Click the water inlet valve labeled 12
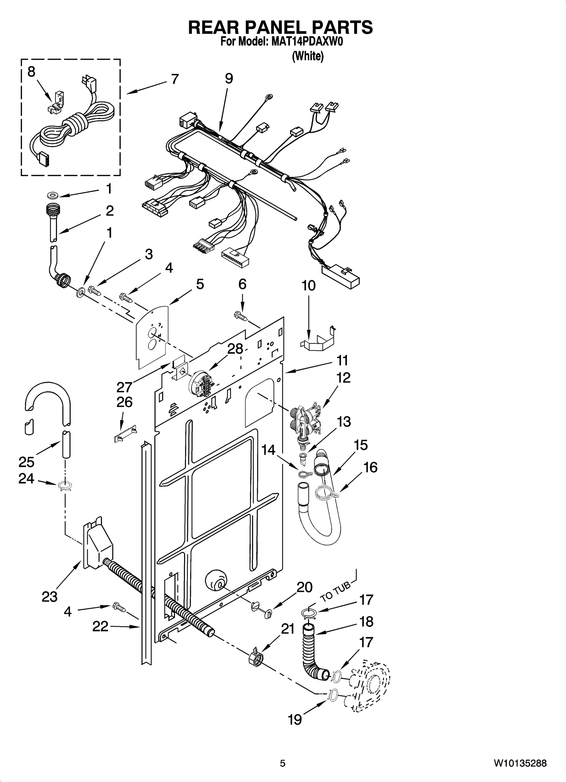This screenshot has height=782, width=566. point(306,421)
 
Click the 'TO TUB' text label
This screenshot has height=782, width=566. point(335,592)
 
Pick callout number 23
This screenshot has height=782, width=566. point(49,597)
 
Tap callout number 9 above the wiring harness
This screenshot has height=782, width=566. point(229,79)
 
